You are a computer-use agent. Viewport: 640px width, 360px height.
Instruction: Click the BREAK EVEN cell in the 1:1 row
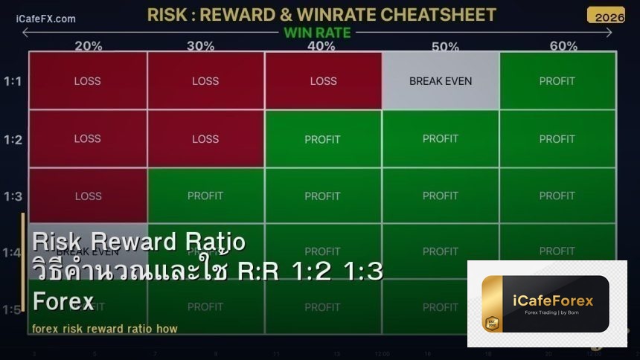[441, 81]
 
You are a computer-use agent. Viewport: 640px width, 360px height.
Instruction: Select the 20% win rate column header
[88, 46]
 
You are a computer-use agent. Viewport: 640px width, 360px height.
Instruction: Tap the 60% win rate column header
[563, 46]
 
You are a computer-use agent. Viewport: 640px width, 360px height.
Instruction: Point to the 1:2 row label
[13, 140]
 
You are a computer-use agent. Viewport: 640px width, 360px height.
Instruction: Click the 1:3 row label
[13, 196]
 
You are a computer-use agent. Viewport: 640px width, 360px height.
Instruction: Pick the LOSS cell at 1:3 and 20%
[88, 196]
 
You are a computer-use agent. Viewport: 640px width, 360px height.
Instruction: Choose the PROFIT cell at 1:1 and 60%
[557, 81]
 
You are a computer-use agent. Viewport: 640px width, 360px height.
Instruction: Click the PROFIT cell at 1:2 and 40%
[322, 139]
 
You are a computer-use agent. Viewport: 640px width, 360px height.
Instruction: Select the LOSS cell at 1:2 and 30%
[205, 139]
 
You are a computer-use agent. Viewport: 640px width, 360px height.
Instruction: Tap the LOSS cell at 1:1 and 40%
[323, 81]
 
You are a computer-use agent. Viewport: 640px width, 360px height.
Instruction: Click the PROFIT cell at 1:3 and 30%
[205, 196]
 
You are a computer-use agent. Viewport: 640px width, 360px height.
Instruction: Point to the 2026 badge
[605, 16]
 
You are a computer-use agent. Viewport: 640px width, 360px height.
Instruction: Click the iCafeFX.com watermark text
[45, 19]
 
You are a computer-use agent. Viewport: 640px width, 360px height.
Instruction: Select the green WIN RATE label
[317, 33]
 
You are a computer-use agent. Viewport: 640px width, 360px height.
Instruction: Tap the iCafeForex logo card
[546, 303]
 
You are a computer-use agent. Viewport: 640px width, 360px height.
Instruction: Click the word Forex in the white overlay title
[63, 301]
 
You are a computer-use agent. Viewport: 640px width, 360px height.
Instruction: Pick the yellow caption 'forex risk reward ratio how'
[105, 329]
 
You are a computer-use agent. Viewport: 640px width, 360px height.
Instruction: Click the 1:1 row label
[13, 81]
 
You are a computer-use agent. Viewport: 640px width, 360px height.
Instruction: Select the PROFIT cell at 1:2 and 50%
[441, 139]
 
